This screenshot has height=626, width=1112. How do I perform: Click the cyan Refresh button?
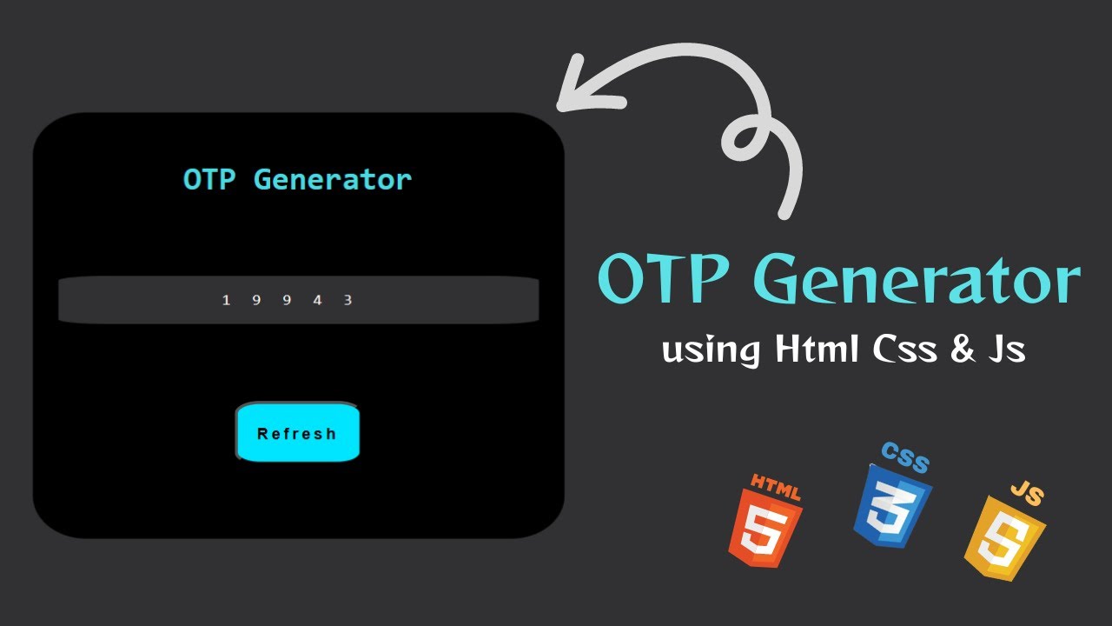[297, 433]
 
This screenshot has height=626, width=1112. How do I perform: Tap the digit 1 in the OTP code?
[227, 300]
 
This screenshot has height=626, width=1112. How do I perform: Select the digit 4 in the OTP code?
[317, 300]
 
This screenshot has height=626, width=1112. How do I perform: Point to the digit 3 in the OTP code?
[347, 300]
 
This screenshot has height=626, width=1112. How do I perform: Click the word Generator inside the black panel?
[333, 180]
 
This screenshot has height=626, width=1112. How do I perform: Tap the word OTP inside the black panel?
[209, 180]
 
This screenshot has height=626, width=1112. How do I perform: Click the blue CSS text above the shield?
[904, 456]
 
